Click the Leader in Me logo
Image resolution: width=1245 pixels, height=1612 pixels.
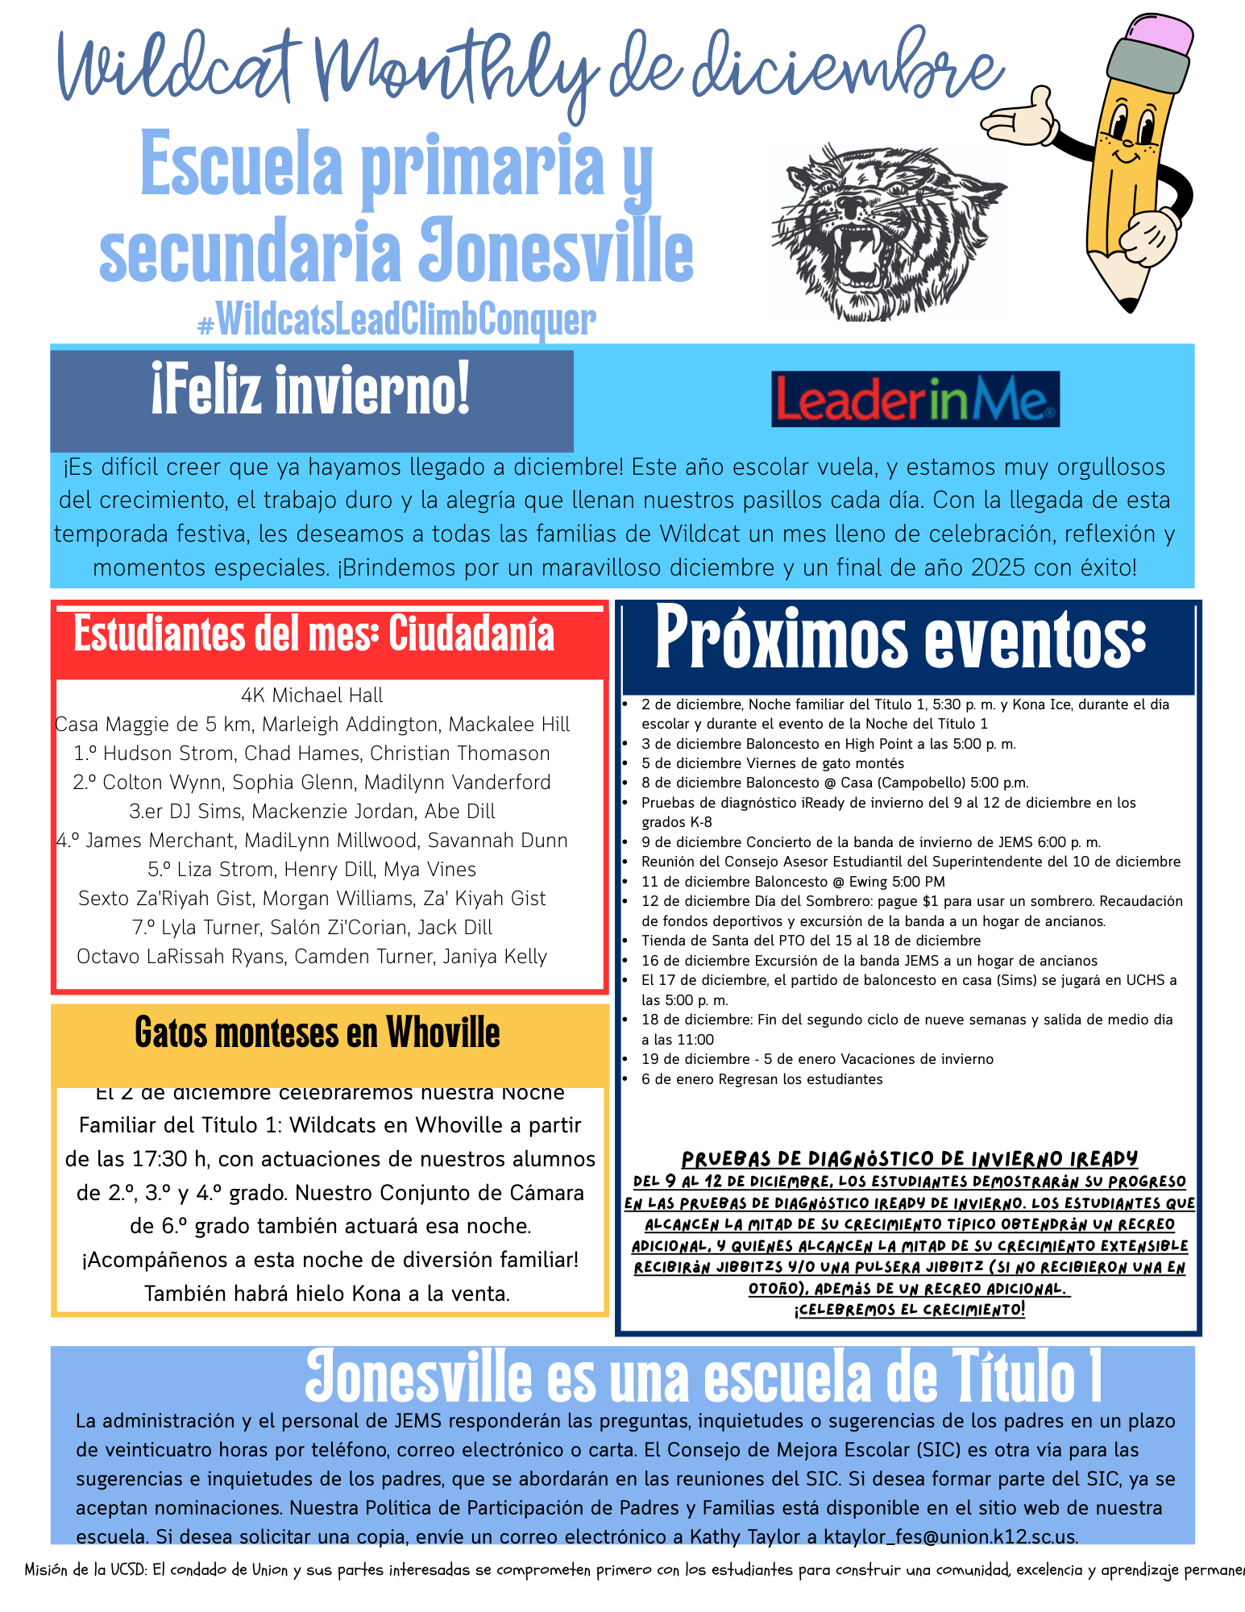[915, 399]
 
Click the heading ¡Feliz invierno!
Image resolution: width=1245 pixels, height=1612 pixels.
[311, 391]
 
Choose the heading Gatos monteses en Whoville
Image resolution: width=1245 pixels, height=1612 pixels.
[317, 1033]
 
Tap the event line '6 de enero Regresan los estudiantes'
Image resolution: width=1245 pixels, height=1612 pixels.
[762, 1079]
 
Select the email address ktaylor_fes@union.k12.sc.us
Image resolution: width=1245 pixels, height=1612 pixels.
[950, 1536]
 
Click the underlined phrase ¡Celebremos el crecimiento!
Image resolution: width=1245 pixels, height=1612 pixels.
[910, 1310]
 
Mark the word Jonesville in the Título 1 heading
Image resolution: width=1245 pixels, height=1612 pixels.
[418, 1379]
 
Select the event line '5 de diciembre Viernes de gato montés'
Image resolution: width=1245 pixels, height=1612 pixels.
[772, 763]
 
